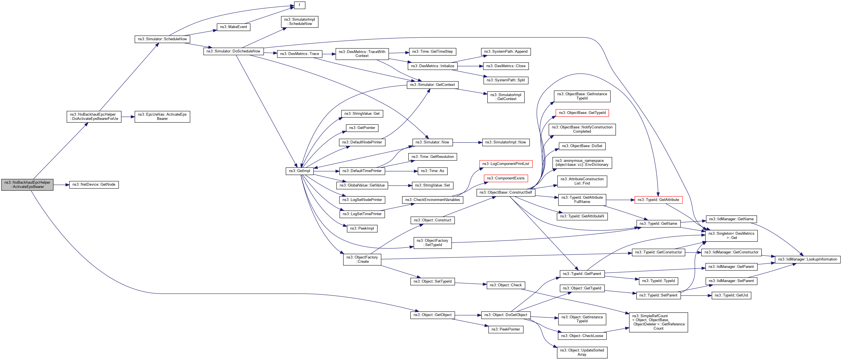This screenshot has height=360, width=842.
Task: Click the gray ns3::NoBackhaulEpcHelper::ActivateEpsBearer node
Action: (27, 185)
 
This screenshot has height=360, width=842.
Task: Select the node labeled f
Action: (299, 5)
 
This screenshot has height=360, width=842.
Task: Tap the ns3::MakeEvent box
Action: (233, 27)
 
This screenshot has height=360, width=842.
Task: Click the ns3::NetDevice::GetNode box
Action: (94, 185)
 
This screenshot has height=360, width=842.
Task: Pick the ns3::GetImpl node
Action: (299, 171)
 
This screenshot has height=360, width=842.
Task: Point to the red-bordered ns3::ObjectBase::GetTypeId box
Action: (582, 113)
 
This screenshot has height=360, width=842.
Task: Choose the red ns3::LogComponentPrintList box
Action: (506, 164)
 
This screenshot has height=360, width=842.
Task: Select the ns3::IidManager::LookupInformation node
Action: (807, 259)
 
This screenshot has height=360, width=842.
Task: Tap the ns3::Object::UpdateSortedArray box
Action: (582, 352)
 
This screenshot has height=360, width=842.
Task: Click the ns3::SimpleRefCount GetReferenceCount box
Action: (658, 322)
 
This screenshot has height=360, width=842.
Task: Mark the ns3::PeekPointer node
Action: (506, 329)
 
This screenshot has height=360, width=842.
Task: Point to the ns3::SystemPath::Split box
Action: (506, 80)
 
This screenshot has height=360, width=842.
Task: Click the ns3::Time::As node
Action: (432, 171)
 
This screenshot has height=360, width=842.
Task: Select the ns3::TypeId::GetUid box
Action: (731, 295)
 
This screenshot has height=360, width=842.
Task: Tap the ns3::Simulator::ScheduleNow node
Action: (162, 39)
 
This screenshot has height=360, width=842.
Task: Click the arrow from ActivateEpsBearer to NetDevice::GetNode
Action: (61, 185)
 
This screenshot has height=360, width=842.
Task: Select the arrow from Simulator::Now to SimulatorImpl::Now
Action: (467, 143)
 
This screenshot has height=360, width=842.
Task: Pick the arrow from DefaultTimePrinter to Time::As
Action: (401, 171)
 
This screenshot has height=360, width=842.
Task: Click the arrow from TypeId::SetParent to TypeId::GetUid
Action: (696, 295)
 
